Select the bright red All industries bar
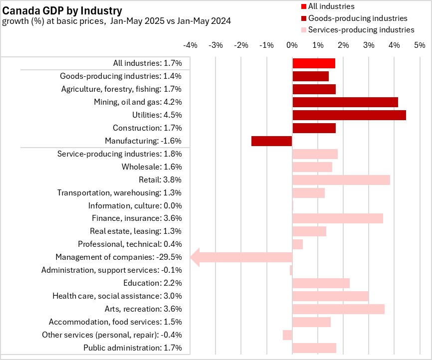click(313, 63)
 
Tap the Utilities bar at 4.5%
click(349, 115)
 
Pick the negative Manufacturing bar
click(271, 141)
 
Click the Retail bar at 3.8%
click(341, 180)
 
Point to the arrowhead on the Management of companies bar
click(197, 257)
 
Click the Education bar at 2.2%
click(320, 283)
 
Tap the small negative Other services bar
click(287, 335)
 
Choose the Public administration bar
click(314, 348)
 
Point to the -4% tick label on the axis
click(190, 45)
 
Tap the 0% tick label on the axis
click(292, 45)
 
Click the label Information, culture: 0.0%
click(135, 205)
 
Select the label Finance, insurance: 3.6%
click(137, 218)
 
